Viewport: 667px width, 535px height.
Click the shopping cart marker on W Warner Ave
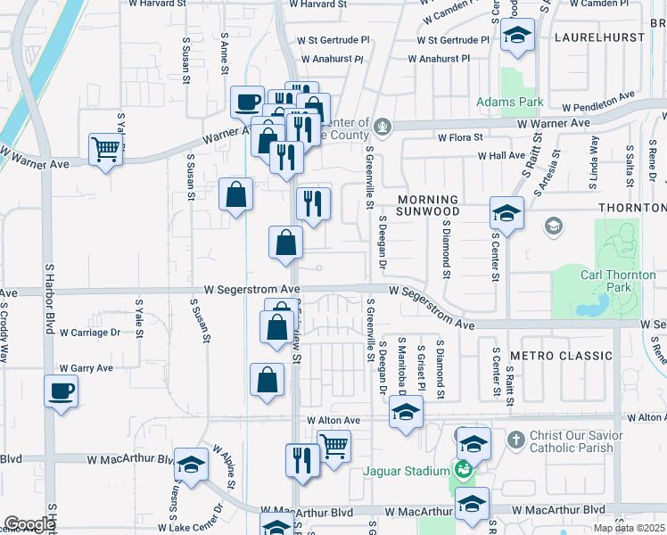[105, 149]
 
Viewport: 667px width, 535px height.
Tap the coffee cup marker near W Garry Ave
[61, 391]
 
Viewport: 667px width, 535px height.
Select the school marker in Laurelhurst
[516, 36]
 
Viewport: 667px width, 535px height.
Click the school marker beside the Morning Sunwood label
[506, 214]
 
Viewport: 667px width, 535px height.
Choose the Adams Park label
[509, 103]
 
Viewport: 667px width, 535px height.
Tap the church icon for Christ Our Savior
[516, 440]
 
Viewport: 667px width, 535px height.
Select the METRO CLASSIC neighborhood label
[561, 356]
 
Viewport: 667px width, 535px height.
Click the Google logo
[29, 524]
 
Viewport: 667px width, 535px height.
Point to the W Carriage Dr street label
[89, 333]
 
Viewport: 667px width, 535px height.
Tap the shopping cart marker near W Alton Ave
[333, 445]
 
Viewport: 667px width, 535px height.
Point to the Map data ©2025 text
[630, 529]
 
